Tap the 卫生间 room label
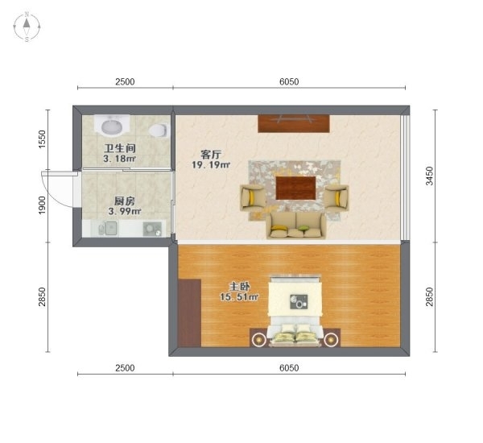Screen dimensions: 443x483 [118, 149]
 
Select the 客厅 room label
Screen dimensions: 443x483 [211, 154]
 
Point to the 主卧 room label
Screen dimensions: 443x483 [238, 286]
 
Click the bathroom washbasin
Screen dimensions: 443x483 [110, 126]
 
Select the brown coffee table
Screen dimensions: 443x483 [296, 188]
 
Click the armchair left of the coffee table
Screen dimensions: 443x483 [253, 197]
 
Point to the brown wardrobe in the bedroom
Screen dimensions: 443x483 [190, 313]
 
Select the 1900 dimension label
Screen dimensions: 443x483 [43, 205]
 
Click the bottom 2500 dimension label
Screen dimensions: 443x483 [124, 367]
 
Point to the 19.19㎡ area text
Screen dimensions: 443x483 [211, 165]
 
